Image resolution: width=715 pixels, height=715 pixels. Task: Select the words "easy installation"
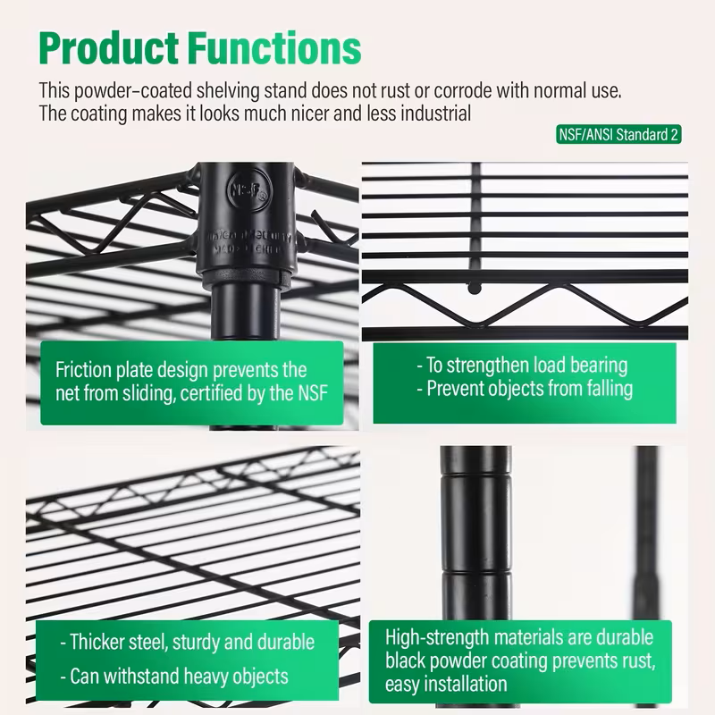point(446,685)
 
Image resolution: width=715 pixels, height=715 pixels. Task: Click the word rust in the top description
point(413,91)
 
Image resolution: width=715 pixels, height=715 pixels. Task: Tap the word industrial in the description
point(432,114)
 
